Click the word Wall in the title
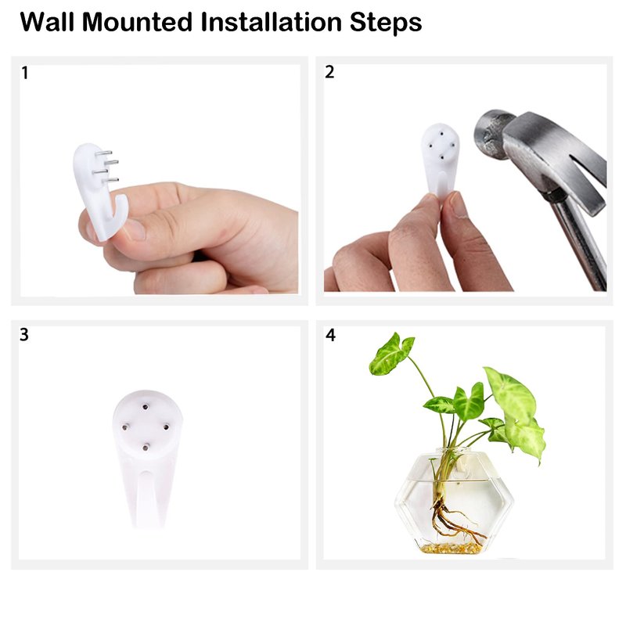(x=47, y=22)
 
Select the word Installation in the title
(x=271, y=22)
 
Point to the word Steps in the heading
(x=386, y=23)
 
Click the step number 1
(x=25, y=73)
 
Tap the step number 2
(x=329, y=72)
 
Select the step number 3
(x=24, y=335)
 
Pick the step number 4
(x=330, y=335)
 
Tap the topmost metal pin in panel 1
(x=103, y=153)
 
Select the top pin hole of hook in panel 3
(x=146, y=407)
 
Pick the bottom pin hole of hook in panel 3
(x=146, y=448)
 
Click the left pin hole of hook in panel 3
(x=125, y=427)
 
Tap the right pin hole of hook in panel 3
(x=166, y=427)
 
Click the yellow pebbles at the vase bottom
(x=451, y=548)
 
